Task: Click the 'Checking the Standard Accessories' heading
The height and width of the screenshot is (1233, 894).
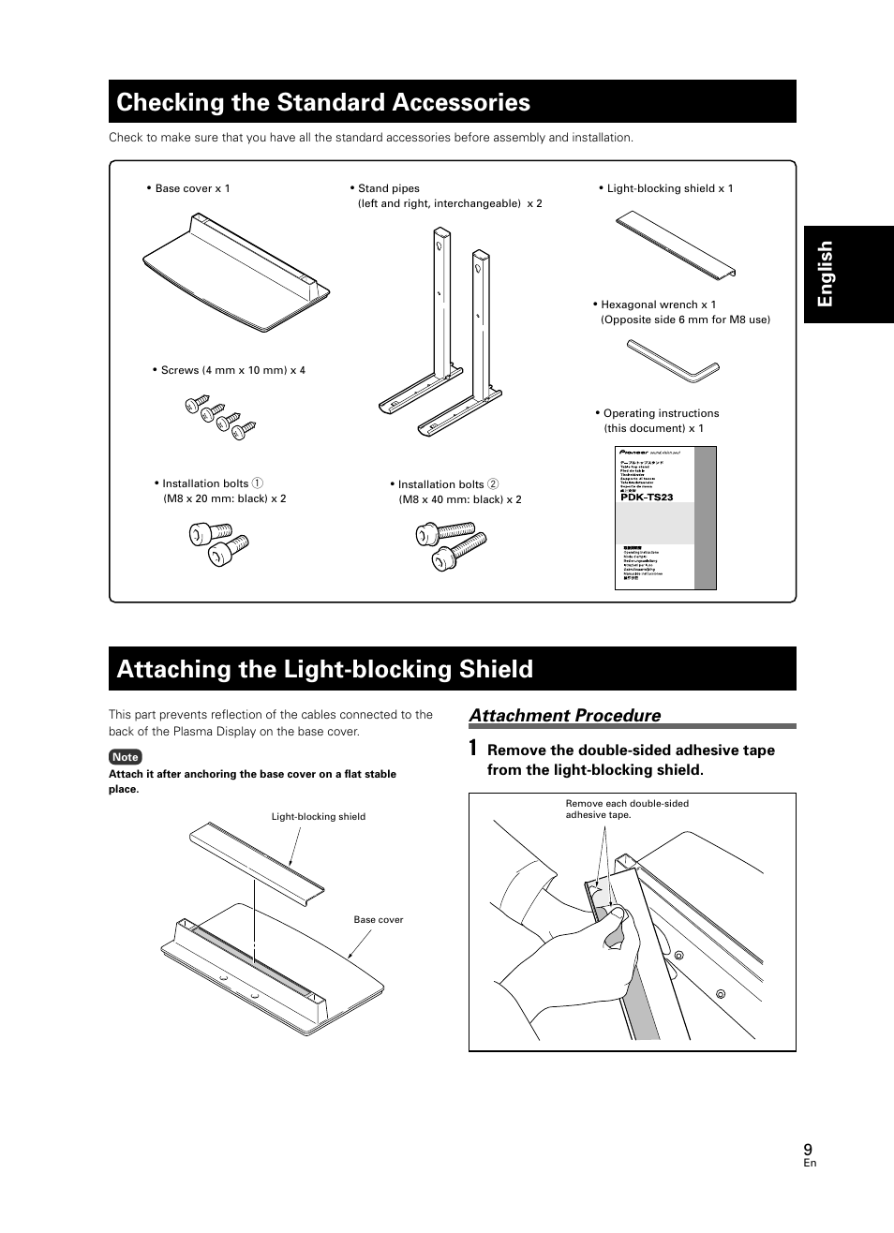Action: pyautogui.click(x=323, y=102)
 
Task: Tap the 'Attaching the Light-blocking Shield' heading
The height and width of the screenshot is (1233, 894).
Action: pyautogui.click(x=325, y=669)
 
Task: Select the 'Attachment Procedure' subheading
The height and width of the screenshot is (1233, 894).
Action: pyautogui.click(x=565, y=716)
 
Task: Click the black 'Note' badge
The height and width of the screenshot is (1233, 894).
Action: pyautogui.click(x=125, y=757)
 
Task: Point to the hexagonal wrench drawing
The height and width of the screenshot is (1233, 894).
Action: pyautogui.click(x=672, y=361)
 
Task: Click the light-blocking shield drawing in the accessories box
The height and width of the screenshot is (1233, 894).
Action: pyautogui.click(x=676, y=245)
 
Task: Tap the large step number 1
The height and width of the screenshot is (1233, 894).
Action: pyautogui.click(x=474, y=749)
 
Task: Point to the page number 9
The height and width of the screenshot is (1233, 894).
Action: pyautogui.click(x=808, y=1149)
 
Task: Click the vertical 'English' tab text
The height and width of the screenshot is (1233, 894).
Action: pyautogui.click(x=826, y=274)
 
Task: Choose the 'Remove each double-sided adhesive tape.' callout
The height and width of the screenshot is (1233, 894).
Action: pyautogui.click(x=626, y=809)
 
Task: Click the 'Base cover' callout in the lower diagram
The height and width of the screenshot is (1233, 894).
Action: pyautogui.click(x=378, y=920)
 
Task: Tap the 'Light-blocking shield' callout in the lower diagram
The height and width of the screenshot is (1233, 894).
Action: pyautogui.click(x=319, y=817)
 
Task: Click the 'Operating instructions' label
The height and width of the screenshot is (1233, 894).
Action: pyautogui.click(x=661, y=413)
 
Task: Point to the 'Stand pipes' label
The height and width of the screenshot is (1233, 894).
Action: pyautogui.click(x=388, y=188)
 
